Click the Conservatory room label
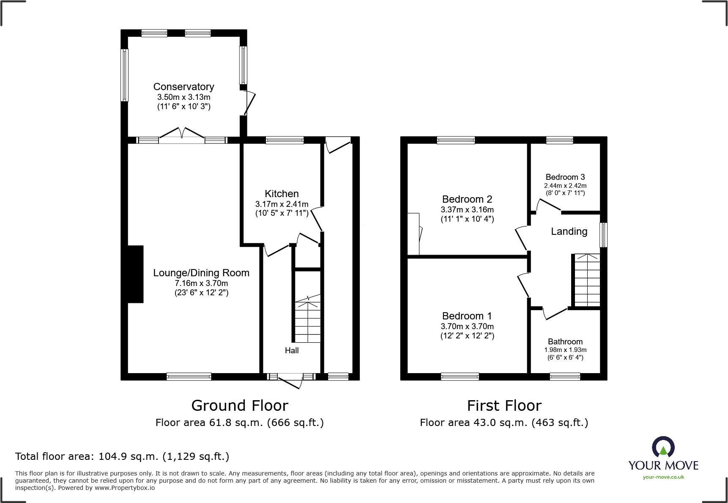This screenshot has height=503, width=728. pyautogui.click(x=183, y=87)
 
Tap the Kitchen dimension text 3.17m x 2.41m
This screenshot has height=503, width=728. pyautogui.click(x=282, y=204)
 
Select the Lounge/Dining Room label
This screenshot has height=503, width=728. pyautogui.click(x=201, y=273)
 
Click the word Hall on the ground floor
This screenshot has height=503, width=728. pyautogui.click(x=292, y=350)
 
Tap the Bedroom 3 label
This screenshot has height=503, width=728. pyautogui.click(x=565, y=177)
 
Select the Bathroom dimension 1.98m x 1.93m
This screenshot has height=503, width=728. pyautogui.click(x=565, y=350)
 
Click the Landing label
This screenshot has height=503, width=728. pyautogui.click(x=569, y=231)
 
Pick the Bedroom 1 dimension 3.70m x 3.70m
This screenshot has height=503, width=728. pyautogui.click(x=467, y=326)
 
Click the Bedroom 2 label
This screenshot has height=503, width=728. pyautogui.click(x=467, y=199)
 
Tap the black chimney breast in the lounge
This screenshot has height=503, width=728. pyautogui.click(x=135, y=274)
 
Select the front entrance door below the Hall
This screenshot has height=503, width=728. pyautogui.click(x=290, y=381)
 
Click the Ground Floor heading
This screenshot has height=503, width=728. pyautogui.click(x=240, y=406)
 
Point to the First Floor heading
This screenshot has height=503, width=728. pyautogui.click(x=504, y=406)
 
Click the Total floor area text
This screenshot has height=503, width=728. pyautogui.click(x=122, y=456)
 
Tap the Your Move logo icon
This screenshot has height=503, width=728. pyautogui.click(x=663, y=447)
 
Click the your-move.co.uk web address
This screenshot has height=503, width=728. pyautogui.click(x=663, y=477)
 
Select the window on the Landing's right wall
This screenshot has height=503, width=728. pyautogui.click(x=604, y=235)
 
